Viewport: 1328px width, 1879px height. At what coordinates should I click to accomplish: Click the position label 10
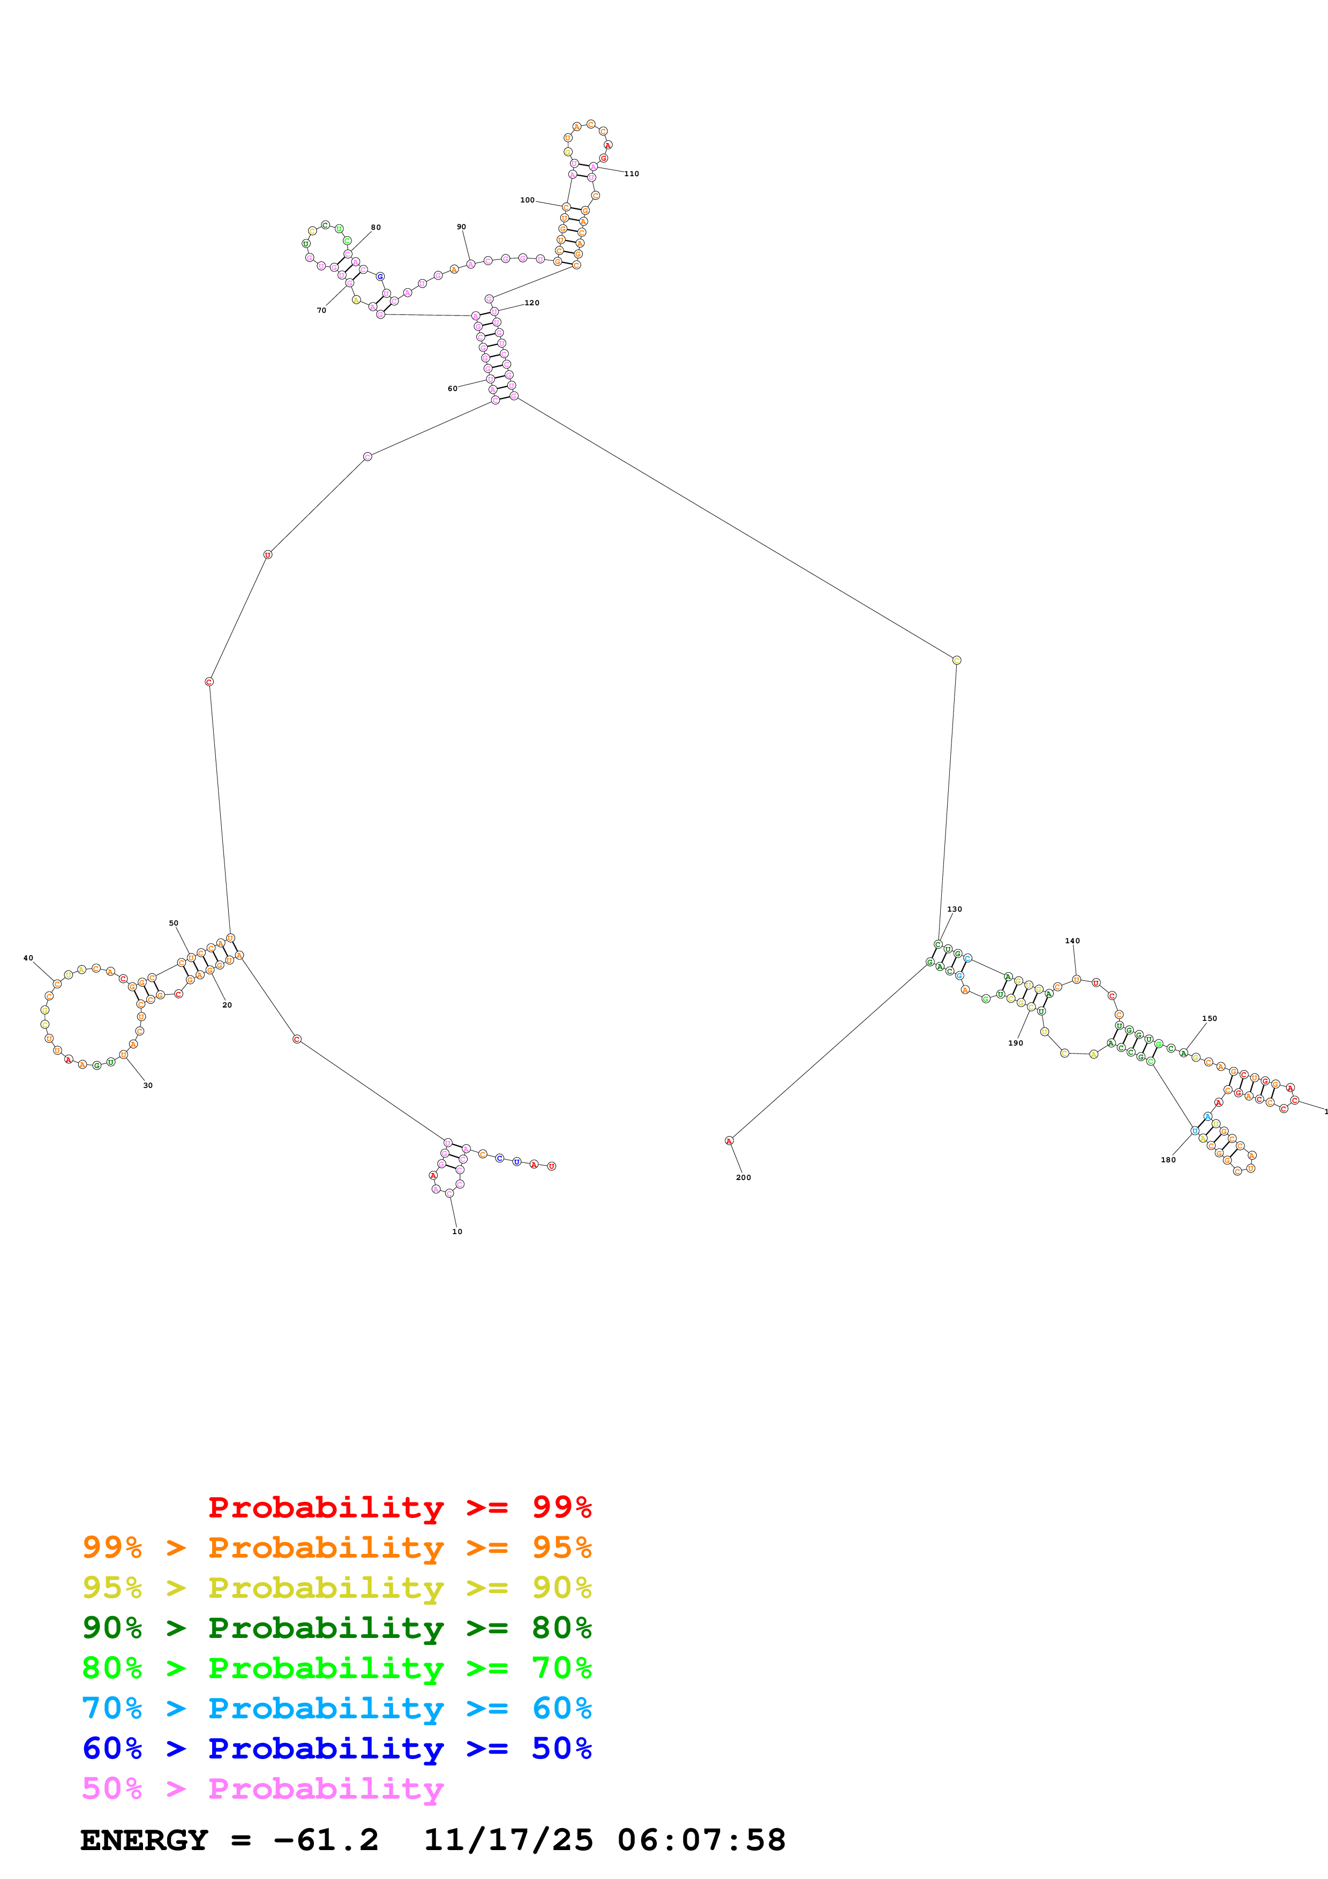(x=456, y=1231)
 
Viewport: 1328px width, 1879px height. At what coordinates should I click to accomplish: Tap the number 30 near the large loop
(x=147, y=1085)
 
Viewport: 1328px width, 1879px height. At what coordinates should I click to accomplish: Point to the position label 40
(x=28, y=958)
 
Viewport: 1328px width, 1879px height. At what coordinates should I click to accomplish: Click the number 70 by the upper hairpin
(x=321, y=310)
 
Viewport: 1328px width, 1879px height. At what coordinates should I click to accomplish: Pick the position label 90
(x=461, y=227)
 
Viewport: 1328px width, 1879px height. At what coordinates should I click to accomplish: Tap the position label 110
(x=632, y=174)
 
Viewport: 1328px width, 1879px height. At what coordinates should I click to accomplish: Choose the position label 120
(x=532, y=303)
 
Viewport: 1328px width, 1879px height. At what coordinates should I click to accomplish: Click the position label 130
(x=954, y=909)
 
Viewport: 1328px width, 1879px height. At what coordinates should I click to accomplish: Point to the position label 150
(x=1210, y=1018)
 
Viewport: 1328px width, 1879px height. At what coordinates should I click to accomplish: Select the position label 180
(x=1168, y=1160)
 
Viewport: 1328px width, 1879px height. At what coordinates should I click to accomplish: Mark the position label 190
(x=1016, y=1043)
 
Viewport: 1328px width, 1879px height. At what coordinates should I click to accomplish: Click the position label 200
(x=743, y=1177)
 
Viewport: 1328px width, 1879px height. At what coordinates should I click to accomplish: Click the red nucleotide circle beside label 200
(x=729, y=1141)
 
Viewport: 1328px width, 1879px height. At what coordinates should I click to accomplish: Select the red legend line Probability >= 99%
(x=399, y=1507)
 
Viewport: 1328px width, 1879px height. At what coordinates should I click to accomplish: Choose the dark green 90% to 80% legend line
(x=336, y=1628)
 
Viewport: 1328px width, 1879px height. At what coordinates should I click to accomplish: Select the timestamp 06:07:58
(x=701, y=1840)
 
